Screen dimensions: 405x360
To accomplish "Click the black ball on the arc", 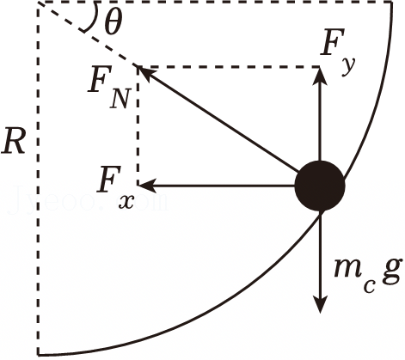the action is point(320,186).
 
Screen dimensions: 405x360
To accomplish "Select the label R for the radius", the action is point(12,142).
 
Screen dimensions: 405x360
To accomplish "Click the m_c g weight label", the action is point(367,276).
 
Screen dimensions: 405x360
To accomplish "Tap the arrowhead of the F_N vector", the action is point(144,72).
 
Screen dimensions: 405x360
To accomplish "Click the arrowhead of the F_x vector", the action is point(145,186).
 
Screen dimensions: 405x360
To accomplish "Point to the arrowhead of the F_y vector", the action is point(320,74).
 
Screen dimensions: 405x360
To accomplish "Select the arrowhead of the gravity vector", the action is point(320,304).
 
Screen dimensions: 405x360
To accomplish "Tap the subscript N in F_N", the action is point(119,99).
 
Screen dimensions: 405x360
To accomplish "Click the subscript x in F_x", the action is point(126,202).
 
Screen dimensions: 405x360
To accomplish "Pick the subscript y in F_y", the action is point(348,67).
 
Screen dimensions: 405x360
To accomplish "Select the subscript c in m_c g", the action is point(369,287).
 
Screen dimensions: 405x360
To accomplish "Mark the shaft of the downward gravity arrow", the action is point(320,255).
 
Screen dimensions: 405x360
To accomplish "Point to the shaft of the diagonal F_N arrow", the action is point(221,120).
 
